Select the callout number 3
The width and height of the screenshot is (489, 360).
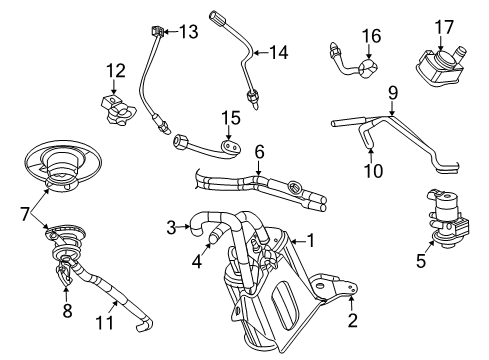(171, 227)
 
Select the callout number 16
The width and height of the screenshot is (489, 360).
(371, 37)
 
